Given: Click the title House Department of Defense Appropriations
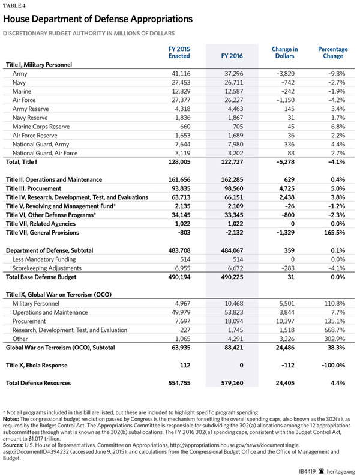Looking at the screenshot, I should [98, 19].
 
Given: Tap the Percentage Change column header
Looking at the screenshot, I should [330, 52].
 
